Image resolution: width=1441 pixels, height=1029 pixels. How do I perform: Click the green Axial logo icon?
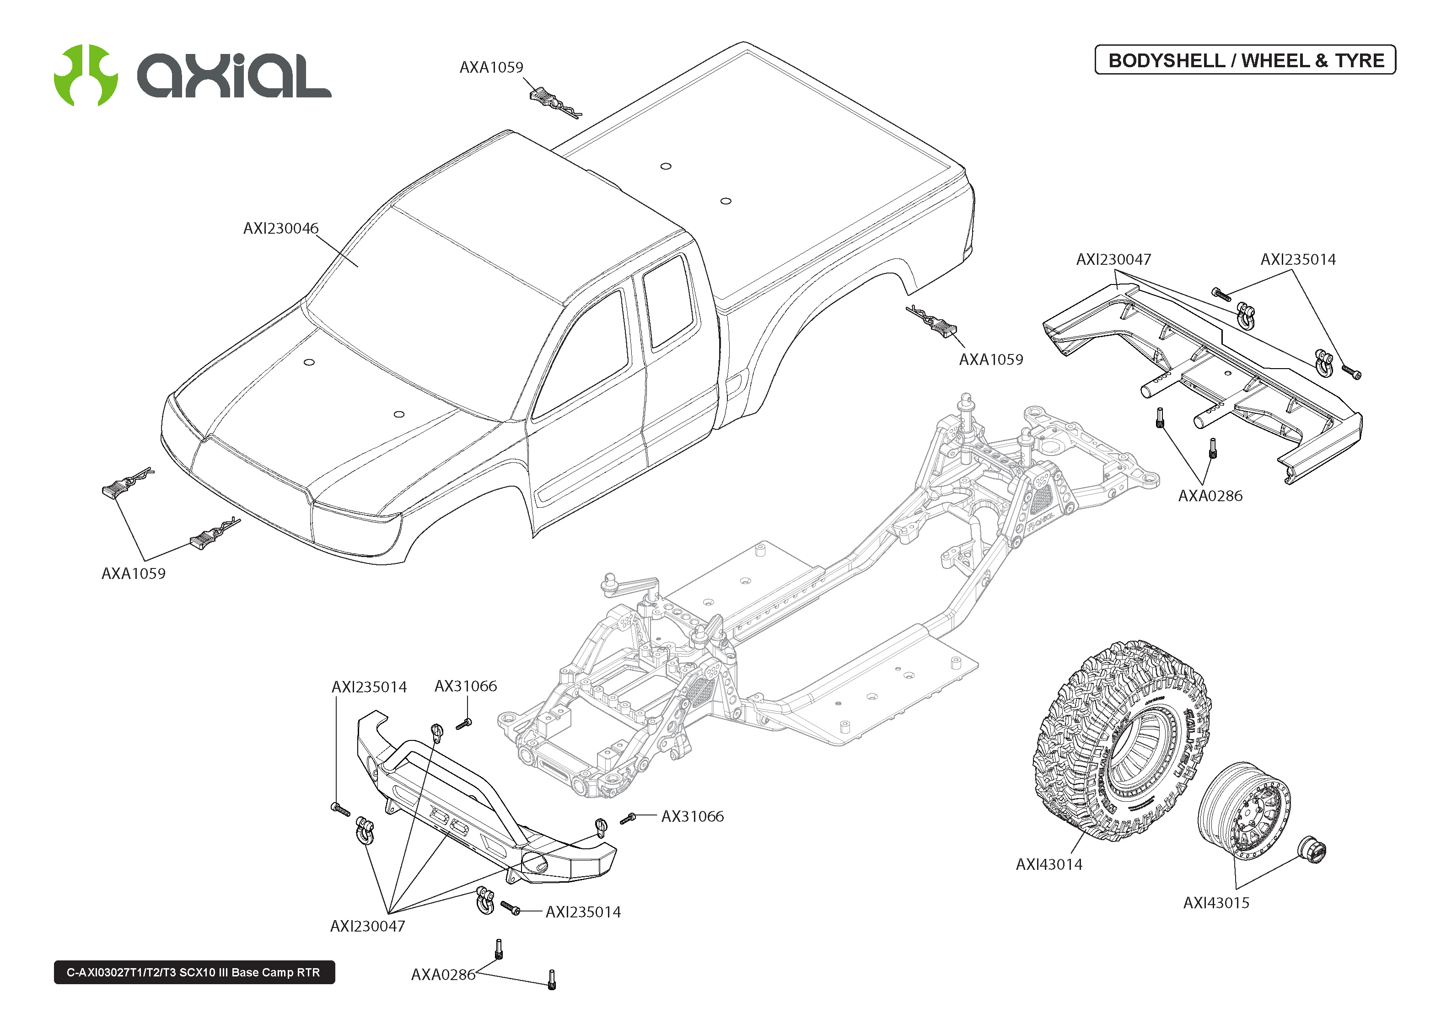point(86,75)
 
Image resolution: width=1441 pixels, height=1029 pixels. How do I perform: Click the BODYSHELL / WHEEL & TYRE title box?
point(1245,60)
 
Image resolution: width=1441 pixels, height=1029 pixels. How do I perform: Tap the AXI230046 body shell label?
point(281,229)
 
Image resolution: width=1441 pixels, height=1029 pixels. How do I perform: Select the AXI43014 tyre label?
point(1049,864)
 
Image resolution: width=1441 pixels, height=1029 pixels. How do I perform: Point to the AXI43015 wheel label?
point(1215,903)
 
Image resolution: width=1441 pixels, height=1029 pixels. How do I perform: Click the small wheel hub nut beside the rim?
point(1312,850)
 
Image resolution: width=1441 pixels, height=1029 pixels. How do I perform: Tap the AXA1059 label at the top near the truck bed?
point(491,67)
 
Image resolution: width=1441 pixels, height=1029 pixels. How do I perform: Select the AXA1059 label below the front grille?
point(133,573)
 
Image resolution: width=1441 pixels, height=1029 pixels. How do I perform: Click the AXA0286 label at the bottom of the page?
point(443,975)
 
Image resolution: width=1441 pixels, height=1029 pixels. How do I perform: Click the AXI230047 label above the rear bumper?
point(1113,260)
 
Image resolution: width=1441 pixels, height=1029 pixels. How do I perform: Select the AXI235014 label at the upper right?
point(1298,260)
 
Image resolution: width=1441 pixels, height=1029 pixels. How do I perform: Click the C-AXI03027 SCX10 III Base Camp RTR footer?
point(194,972)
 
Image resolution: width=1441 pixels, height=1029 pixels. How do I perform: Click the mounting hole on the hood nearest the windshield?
point(309,362)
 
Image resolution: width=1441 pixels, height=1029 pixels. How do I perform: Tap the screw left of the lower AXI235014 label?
point(510,908)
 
